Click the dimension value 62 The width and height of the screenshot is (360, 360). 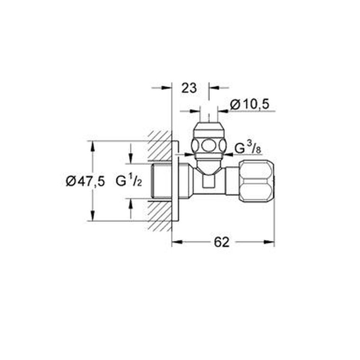(x=221, y=242)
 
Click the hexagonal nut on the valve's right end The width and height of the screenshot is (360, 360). (x=256, y=180)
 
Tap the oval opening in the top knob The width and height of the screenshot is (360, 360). (x=208, y=144)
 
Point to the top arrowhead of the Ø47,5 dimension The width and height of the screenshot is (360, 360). (x=92, y=145)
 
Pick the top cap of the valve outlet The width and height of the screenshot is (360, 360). (x=208, y=127)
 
